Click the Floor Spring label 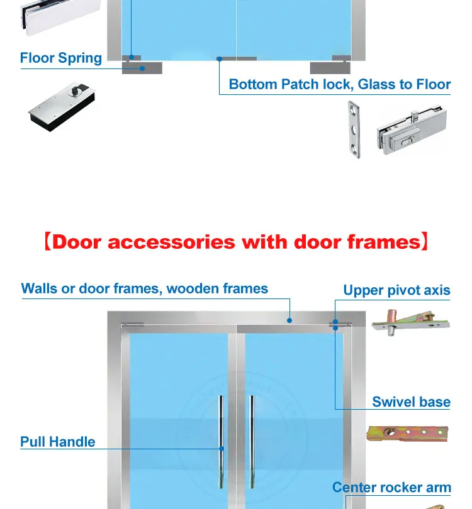61,58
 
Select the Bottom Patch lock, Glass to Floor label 340,84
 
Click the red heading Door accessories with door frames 236,242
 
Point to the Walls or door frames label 145,289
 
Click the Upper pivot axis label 396,290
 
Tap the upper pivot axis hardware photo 410,322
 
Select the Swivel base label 411,402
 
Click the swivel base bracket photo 407,434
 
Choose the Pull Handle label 58,442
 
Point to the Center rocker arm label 391,488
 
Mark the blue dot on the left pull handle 221,449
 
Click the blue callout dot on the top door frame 289,320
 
